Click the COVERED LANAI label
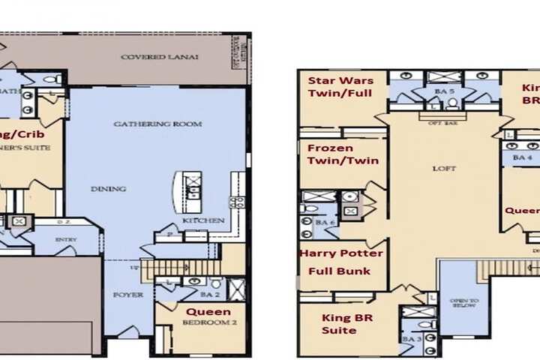[159, 57]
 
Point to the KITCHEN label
[202, 220]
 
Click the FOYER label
[128, 295]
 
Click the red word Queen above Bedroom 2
[208, 311]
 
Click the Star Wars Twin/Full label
[338, 86]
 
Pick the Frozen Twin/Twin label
[342, 154]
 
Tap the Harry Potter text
[341, 253]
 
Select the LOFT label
[444, 169]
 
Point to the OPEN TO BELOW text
[463, 304]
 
